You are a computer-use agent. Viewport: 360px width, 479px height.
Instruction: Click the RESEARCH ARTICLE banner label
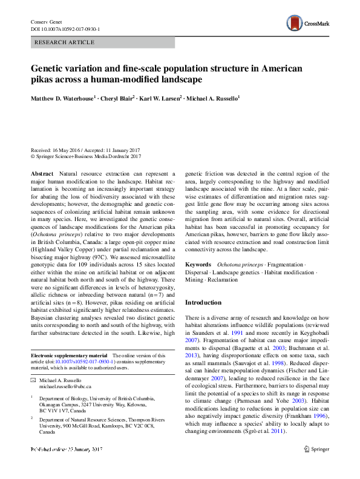(x=65, y=42)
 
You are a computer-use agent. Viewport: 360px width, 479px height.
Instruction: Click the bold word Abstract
(x=42, y=173)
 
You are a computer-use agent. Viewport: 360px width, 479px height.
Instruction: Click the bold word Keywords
(x=198, y=265)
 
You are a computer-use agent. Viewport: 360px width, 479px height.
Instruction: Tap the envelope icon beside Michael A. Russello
(x=33, y=380)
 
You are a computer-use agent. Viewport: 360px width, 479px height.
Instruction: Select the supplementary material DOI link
(x=86, y=362)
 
